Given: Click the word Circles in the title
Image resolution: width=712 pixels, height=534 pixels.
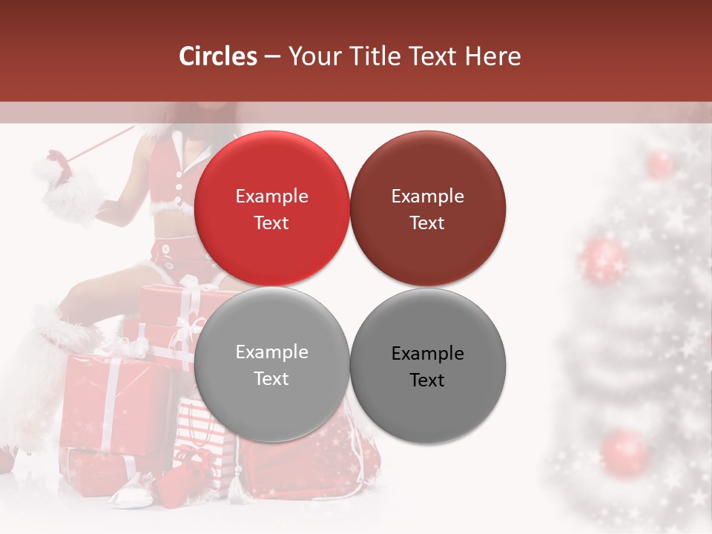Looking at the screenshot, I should [218, 56].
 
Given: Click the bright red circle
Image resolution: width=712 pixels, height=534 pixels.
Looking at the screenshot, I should [271, 208].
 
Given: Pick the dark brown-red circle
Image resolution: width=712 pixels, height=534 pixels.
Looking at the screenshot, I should [427, 208].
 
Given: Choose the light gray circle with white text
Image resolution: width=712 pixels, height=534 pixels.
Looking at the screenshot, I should [271, 364].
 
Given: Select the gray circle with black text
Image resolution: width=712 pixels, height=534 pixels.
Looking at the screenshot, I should [427, 366].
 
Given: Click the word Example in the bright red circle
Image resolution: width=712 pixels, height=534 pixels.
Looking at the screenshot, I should [271, 196].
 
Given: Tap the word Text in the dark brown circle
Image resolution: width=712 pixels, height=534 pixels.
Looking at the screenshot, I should [427, 222].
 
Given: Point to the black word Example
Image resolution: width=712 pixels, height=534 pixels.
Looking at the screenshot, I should [427, 353].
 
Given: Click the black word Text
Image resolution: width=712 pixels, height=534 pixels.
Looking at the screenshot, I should [427, 380].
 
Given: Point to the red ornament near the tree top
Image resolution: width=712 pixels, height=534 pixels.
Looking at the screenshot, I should [659, 164].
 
